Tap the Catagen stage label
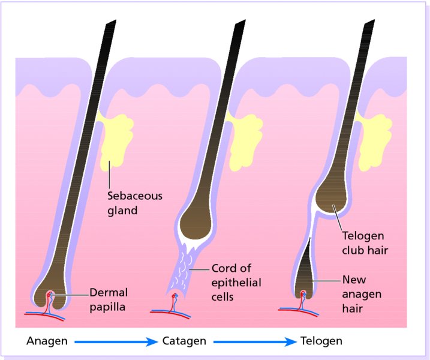pyautogui.click(x=184, y=341)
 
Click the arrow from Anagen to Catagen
pyautogui.click(x=113, y=341)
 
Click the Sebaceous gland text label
pyautogui.click(x=134, y=203)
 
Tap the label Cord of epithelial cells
pyautogui.click(x=236, y=282)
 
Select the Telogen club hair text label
pyautogui.click(x=363, y=242)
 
